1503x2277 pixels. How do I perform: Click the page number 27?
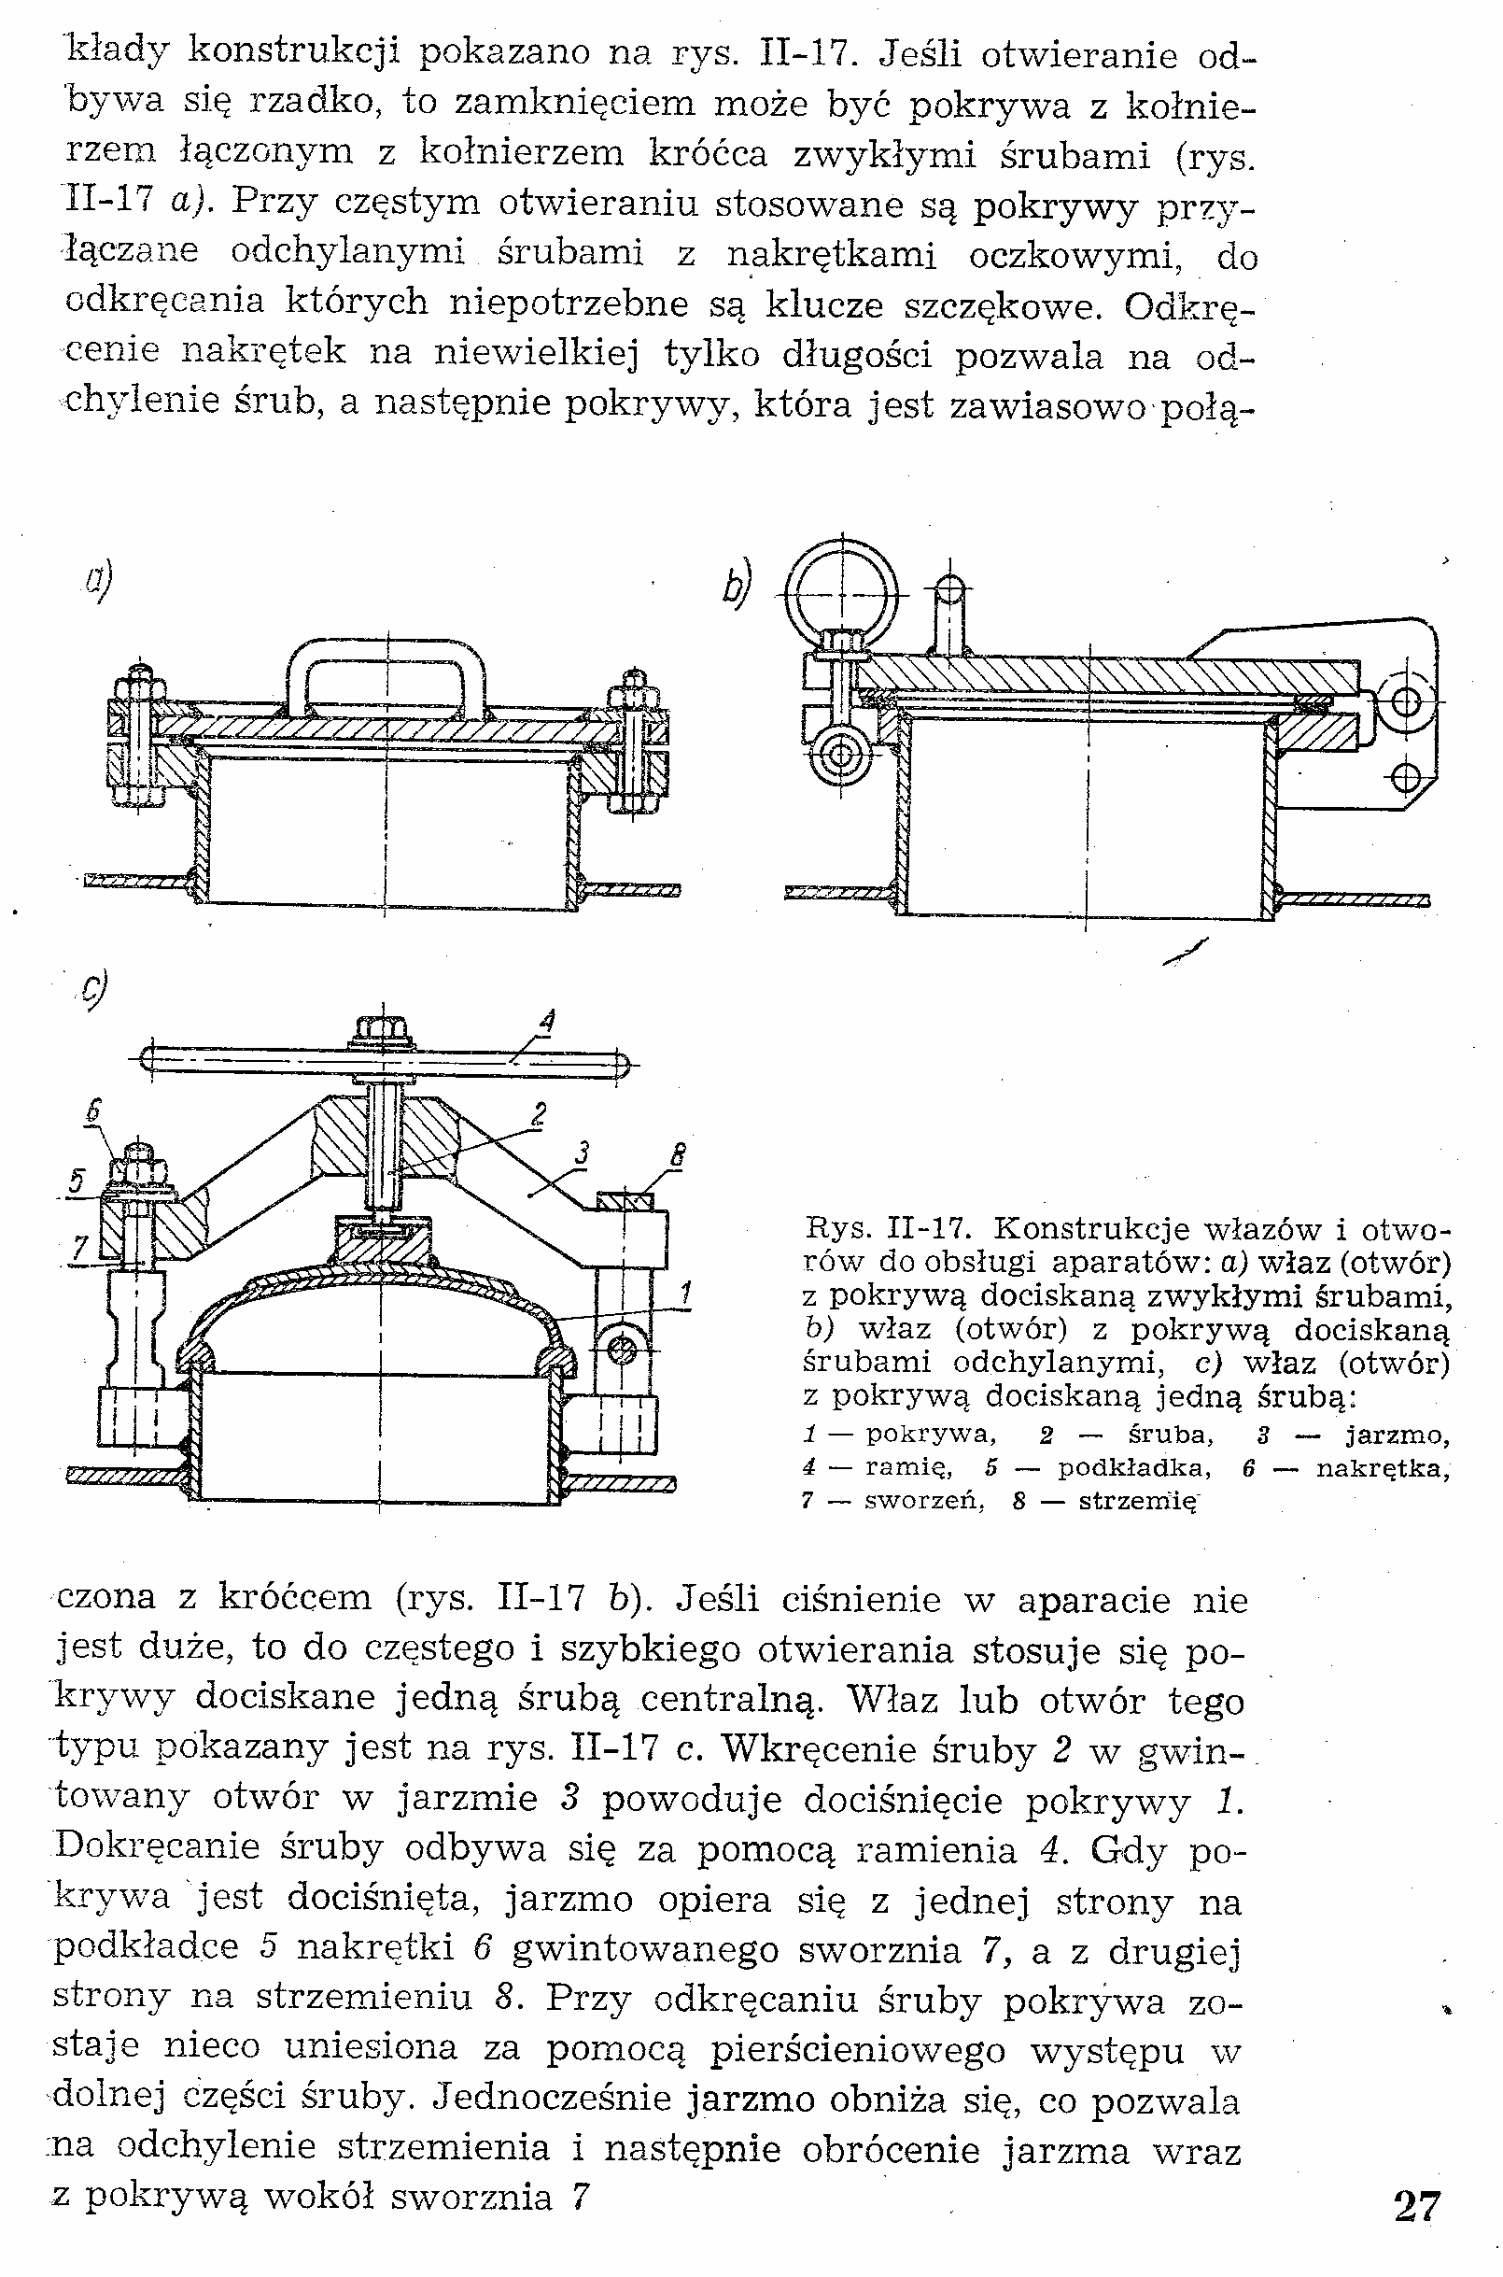1417,2226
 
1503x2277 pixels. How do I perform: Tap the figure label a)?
98,581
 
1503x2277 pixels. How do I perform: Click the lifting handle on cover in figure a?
386,672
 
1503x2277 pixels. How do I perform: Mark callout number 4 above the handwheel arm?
546,1022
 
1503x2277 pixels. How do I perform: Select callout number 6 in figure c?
93,1111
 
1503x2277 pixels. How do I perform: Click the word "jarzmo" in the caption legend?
1397,1435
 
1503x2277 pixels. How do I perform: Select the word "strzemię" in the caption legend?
1138,1501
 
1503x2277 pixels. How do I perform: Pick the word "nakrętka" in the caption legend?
1381,1468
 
